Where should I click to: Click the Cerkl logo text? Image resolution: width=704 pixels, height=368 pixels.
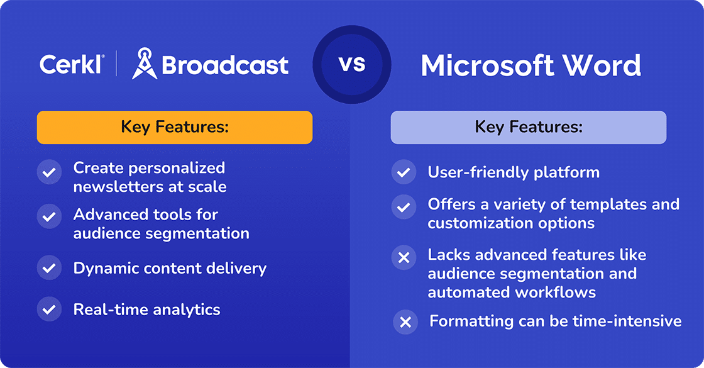pos(71,65)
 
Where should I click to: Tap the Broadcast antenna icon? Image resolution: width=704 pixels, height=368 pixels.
pos(144,65)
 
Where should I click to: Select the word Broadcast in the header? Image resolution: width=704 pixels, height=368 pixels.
pos(225,65)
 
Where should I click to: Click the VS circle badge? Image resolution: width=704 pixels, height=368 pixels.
pos(352,64)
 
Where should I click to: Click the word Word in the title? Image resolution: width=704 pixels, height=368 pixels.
pos(604,66)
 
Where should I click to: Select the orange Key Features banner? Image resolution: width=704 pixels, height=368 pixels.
pos(174,128)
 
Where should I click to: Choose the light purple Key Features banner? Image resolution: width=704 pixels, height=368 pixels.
pos(528,128)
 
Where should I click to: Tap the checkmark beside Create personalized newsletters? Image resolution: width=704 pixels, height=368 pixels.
pos(49,172)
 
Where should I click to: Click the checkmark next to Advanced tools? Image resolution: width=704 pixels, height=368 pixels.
pos(49,218)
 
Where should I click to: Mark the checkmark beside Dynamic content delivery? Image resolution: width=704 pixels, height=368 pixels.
pos(49,268)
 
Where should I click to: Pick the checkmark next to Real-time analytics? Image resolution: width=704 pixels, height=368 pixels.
pos(49,309)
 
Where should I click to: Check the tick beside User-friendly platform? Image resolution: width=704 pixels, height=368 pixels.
pos(404,172)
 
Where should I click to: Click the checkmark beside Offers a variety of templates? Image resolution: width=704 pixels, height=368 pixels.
pos(404,207)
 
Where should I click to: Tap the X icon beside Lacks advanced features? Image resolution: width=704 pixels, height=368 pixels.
pos(404,257)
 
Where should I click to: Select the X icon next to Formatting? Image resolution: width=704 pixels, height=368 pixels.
pos(405,322)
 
